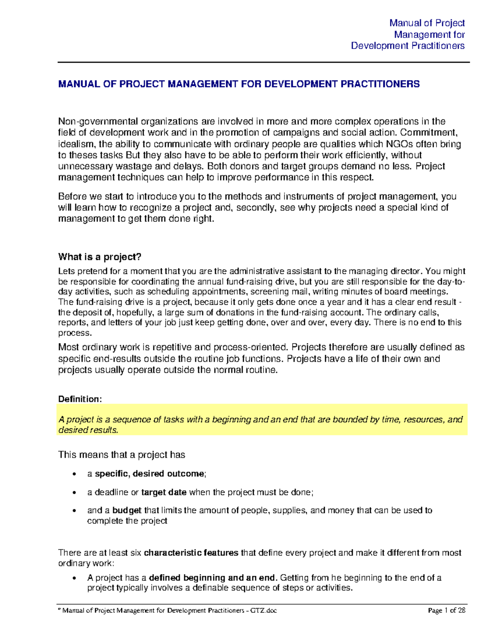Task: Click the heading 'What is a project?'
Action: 100,257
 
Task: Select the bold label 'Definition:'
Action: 80,399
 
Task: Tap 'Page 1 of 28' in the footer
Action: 447,610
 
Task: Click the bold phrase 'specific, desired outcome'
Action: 149,474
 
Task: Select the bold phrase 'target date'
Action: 164,492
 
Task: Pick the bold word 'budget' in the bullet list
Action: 127,510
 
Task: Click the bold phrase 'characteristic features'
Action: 191,553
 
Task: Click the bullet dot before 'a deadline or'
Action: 74,492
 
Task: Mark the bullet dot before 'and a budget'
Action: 74,511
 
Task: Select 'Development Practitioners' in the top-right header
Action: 408,46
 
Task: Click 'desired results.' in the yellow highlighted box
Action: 88,430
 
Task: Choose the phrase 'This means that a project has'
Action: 122,455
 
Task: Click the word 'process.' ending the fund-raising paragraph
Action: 74,333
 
